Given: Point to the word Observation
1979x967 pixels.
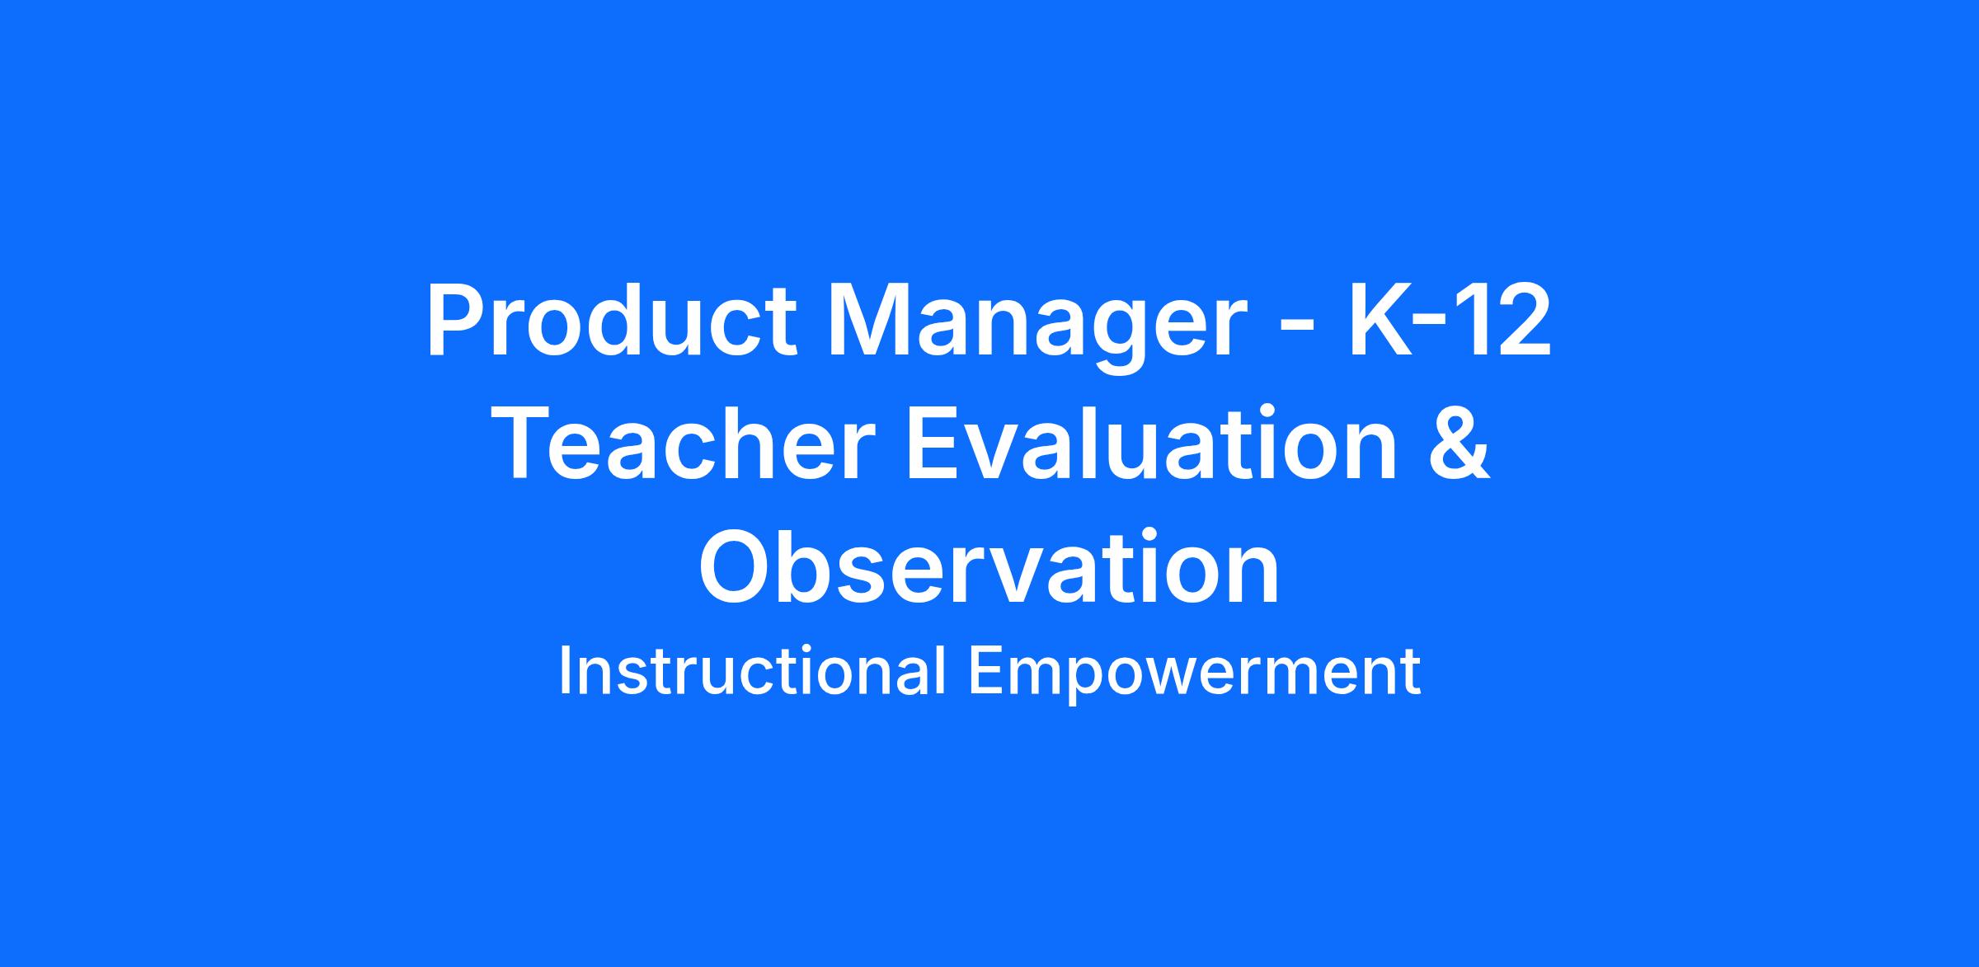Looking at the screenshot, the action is pyautogui.click(x=989, y=566).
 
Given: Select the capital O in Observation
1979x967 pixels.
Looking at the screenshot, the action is pyautogui.click(x=736, y=566).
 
